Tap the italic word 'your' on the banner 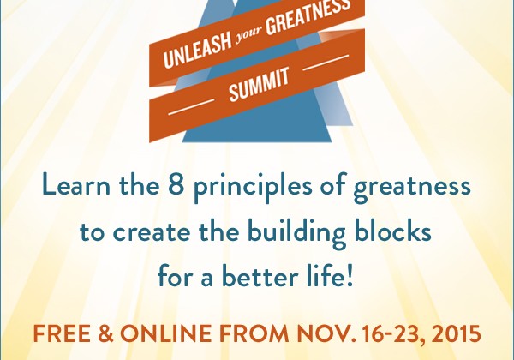(249, 36)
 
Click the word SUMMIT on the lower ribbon (259, 84)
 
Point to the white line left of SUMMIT (191, 106)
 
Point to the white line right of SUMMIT (326, 63)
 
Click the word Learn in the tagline (76, 185)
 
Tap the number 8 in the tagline (176, 185)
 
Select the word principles (253, 187)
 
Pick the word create (152, 232)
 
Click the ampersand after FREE (105, 333)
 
